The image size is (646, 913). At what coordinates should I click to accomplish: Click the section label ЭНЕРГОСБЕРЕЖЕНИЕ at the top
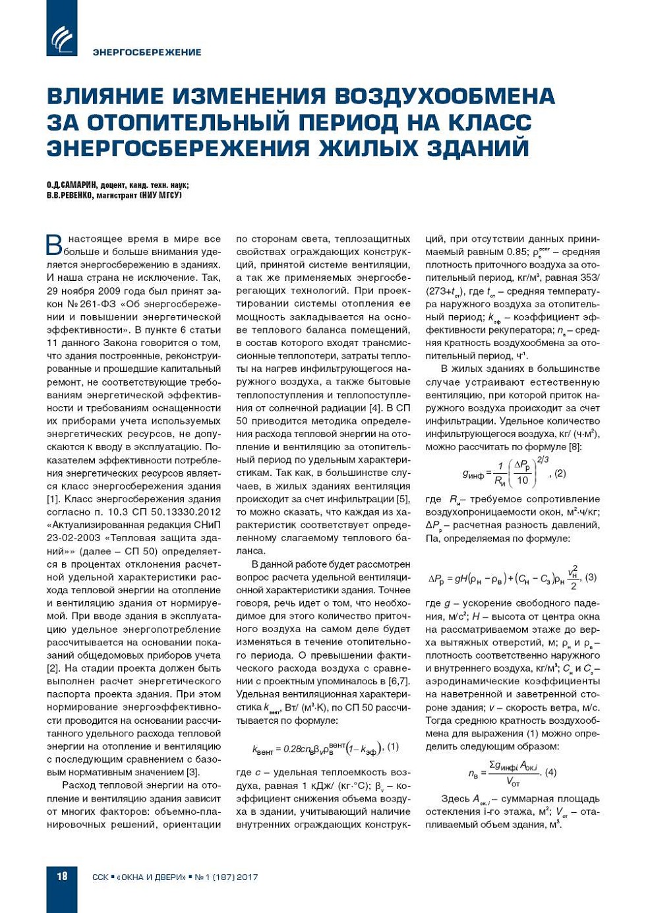tap(147, 52)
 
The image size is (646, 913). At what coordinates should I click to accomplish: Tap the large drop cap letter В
tap(54, 245)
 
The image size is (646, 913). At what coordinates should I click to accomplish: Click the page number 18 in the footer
tap(62, 876)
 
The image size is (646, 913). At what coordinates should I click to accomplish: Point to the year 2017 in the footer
tap(247, 877)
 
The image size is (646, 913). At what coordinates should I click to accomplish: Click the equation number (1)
tap(393, 747)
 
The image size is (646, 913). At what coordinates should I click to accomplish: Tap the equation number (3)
tap(591, 577)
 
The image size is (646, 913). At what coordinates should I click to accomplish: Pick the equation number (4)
tap(550, 772)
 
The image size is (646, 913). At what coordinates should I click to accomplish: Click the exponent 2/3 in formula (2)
tap(543, 459)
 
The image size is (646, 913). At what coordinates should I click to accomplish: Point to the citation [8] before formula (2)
tap(575, 447)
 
